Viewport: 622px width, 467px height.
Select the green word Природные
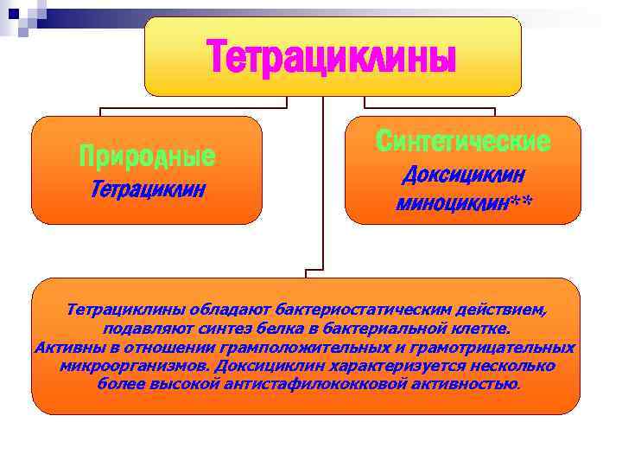point(146,157)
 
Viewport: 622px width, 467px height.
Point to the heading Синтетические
point(463,142)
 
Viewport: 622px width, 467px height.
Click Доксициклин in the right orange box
point(463,176)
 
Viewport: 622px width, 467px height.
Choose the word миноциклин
point(451,203)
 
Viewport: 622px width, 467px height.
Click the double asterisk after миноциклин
point(519,202)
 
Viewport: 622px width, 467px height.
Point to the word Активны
point(64,348)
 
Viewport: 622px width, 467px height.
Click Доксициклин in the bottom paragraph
point(268,366)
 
